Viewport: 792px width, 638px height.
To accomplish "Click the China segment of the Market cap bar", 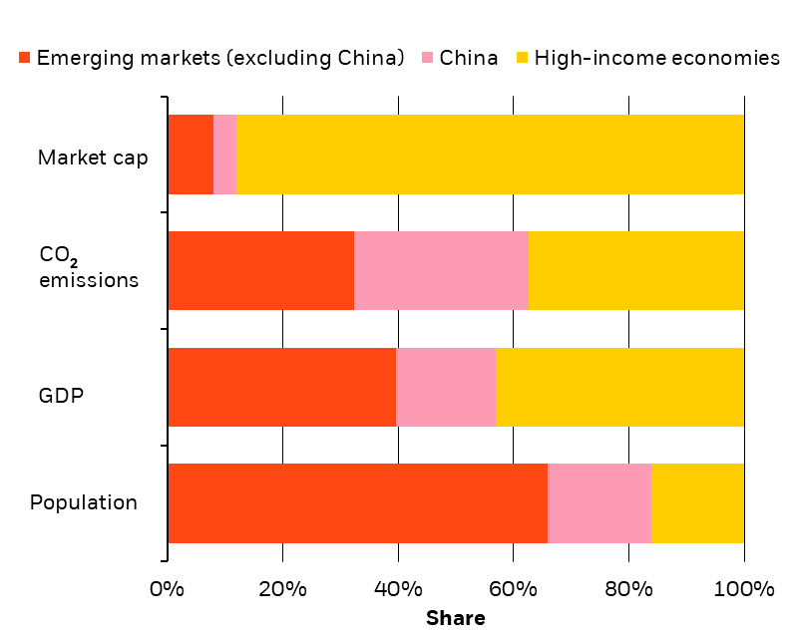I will (x=225, y=155).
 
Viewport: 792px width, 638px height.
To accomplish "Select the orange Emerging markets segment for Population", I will (x=357, y=503).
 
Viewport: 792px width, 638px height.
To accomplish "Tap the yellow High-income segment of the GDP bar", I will (x=619, y=387).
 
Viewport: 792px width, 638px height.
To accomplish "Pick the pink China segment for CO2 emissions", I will (x=440, y=270).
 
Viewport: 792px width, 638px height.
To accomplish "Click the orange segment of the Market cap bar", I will (x=191, y=155).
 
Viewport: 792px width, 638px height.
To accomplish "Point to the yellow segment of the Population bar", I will (x=697, y=503).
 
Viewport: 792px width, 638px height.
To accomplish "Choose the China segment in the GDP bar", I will (x=446, y=387).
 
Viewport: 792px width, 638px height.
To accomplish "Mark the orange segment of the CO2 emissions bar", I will (x=260, y=270).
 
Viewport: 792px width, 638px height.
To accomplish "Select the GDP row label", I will (x=62, y=395).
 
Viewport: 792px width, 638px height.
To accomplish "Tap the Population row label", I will (x=84, y=502).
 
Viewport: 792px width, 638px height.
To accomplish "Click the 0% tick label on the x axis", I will (x=167, y=589).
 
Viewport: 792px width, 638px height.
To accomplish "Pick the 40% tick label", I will (x=398, y=589).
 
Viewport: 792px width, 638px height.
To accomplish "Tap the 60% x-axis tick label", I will (x=514, y=589).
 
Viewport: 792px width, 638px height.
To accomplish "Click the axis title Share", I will (x=456, y=619).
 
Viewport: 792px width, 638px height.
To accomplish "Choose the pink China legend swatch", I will (x=426, y=58).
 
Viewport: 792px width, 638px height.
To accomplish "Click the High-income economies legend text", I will (x=656, y=58).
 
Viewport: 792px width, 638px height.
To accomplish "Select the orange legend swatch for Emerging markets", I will (x=24, y=58).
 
